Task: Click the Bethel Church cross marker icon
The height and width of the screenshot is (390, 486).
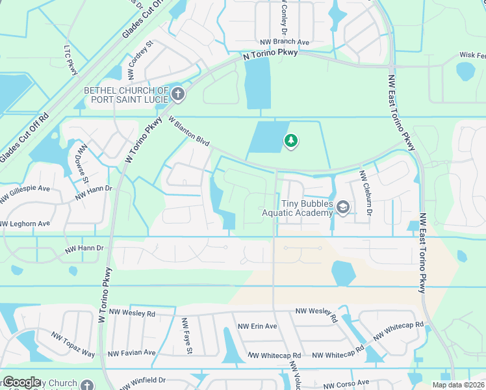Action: click(178, 95)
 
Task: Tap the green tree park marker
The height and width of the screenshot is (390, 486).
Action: click(291, 140)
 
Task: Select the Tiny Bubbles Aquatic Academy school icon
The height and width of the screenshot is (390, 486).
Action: click(343, 207)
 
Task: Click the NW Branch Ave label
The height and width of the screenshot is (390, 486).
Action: click(285, 42)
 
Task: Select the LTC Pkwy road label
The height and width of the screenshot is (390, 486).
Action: click(71, 59)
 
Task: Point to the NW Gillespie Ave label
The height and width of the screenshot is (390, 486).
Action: click(25, 188)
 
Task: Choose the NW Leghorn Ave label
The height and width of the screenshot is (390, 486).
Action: click(25, 224)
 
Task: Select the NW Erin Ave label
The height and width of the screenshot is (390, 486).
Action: click(257, 326)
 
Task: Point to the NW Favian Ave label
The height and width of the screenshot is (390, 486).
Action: click(132, 353)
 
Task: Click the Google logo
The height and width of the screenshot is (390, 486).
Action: click(21, 382)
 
